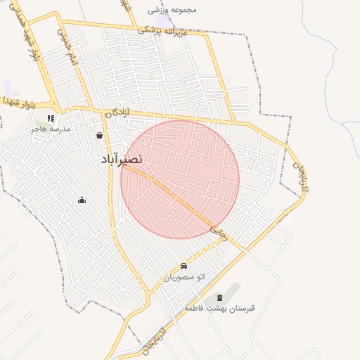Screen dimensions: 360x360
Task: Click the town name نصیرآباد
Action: [122, 160]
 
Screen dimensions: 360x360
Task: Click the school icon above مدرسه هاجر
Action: [50, 118]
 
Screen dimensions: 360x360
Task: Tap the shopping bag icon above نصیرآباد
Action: [99, 135]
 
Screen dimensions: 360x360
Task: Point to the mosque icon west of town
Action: [82, 200]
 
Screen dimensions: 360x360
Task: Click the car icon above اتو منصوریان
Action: [184, 266]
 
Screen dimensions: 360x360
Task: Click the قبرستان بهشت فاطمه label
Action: [220, 309]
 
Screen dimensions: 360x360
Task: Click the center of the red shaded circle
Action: [180, 179]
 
